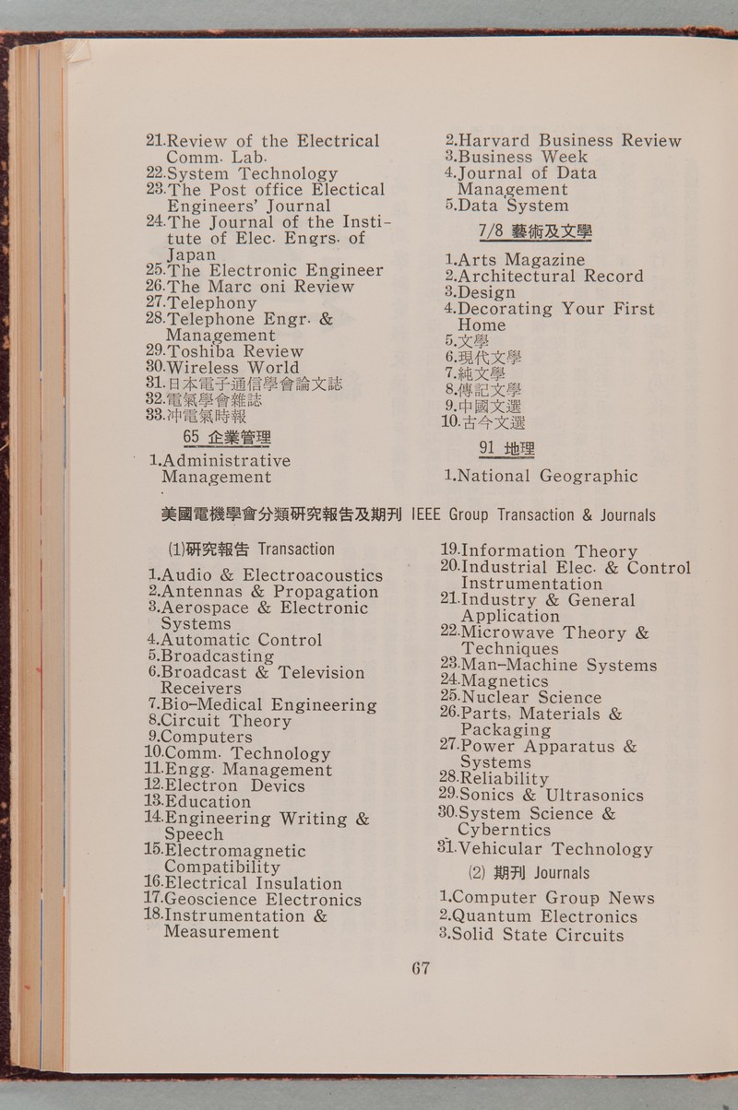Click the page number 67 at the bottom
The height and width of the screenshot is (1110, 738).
pos(421,968)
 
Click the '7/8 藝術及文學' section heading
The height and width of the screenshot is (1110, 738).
pos(535,231)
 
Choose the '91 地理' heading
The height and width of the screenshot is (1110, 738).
pos(506,449)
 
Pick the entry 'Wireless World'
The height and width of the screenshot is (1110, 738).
pos(232,368)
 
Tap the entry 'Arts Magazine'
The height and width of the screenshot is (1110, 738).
pos(520,260)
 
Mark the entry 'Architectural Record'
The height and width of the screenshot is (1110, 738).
pos(550,277)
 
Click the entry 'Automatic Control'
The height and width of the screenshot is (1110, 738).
pos(241,640)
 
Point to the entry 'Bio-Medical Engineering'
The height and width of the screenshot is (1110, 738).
pos(268,705)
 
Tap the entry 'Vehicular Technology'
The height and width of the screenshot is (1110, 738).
pos(554,849)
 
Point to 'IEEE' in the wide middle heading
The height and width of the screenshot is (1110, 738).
pos(429,514)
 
